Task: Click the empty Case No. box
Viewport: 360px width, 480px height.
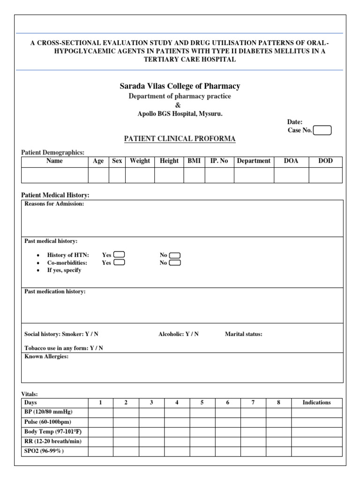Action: coord(322,130)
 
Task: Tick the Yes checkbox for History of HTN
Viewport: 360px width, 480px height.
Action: coord(119,255)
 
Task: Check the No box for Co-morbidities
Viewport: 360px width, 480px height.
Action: coord(175,262)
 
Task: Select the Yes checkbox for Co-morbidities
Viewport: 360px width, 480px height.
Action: coord(119,262)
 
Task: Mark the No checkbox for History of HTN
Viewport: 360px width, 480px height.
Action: coord(175,255)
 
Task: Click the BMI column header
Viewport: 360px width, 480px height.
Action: coord(194,161)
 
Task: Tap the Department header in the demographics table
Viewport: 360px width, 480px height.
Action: coord(254,161)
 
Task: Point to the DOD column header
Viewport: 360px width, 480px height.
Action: coord(325,161)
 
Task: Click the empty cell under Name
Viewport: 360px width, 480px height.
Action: coord(54,175)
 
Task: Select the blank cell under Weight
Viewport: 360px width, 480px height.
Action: coord(140,175)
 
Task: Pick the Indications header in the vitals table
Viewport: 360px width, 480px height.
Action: coord(316,403)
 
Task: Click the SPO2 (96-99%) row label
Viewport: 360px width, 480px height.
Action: coord(44,451)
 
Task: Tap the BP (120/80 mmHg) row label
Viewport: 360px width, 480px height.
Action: coord(48,412)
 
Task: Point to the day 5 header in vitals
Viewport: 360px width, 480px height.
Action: coord(202,403)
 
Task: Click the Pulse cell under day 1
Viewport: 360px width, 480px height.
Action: coord(100,422)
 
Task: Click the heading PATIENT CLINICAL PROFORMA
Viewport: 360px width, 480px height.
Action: coord(180,139)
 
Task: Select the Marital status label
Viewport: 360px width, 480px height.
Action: coord(243,334)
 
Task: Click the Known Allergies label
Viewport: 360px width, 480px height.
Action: coord(46,357)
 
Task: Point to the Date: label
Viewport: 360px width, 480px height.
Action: coord(295,122)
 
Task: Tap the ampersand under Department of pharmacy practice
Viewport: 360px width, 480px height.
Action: coord(178,105)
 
